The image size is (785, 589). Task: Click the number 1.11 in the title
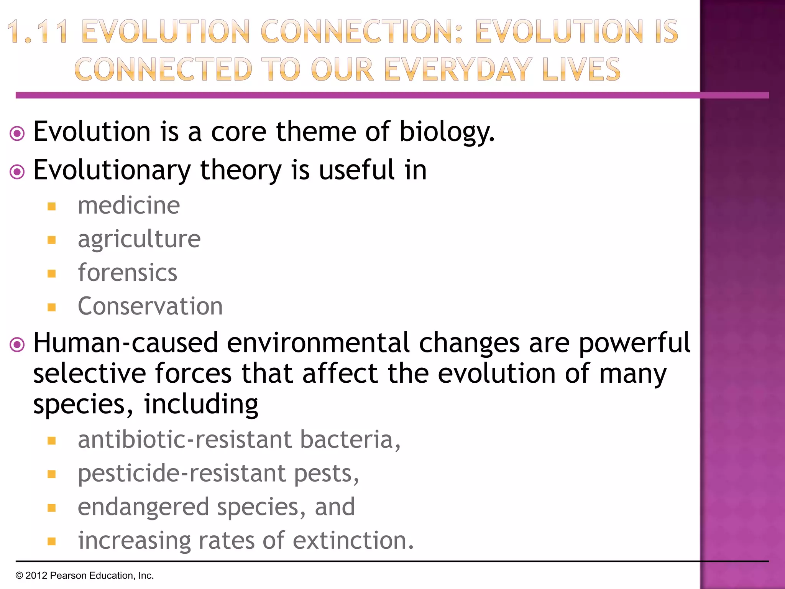tap(38, 32)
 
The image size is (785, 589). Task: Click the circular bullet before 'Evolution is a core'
tap(17, 134)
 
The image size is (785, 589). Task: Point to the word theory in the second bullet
tap(241, 170)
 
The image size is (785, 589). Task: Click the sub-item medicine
tap(129, 206)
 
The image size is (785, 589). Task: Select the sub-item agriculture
tap(139, 240)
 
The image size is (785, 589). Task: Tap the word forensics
tap(127, 273)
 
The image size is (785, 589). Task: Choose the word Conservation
tap(150, 306)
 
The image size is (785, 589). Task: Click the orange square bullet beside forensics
tap(52, 274)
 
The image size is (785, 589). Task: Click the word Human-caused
tap(126, 343)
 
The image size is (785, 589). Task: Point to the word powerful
tap(634, 343)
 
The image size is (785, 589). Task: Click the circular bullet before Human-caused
tap(17, 344)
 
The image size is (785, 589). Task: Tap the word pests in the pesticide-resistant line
tap(326, 474)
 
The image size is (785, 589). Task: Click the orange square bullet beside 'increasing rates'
tap(52, 541)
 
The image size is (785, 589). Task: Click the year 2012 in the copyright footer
tap(36, 576)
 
